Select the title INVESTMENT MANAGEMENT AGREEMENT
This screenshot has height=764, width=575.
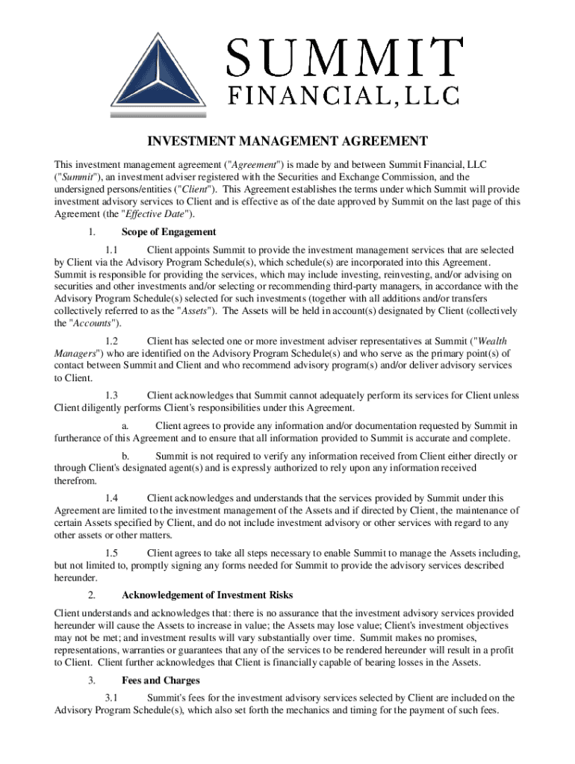(x=287, y=142)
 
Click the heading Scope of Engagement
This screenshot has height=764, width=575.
(x=169, y=232)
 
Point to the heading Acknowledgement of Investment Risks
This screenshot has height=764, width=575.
(x=207, y=595)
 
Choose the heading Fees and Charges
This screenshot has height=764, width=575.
(x=161, y=680)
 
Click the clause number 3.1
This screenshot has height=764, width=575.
(x=112, y=698)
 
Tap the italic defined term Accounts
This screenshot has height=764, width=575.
(x=92, y=323)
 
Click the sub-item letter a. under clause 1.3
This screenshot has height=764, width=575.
(x=124, y=426)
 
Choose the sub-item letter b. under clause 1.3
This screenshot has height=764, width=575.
(x=125, y=456)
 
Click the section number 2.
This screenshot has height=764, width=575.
(x=90, y=595)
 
